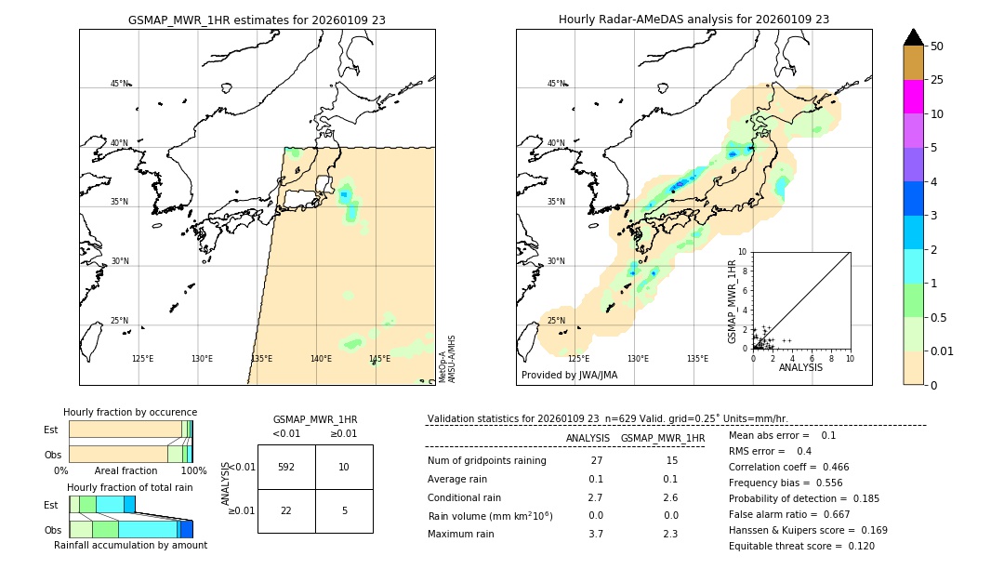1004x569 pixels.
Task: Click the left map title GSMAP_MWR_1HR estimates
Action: (x=257, y=20)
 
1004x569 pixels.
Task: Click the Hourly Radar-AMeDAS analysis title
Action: (x=694, y=20)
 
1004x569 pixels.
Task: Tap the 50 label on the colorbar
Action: (x=937, y=46)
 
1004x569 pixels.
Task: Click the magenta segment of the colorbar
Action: (x=914, y=97)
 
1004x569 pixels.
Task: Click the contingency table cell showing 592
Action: (x=286, y=467)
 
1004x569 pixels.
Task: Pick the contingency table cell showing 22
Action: (x=286, y=510)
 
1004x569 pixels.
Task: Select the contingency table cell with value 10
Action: (x=344, y=467)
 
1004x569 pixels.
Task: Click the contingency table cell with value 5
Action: (x=344, y=510)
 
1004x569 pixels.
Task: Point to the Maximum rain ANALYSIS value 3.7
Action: (x=596, y=534)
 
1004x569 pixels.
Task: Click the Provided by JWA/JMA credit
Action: (x=569, y=375)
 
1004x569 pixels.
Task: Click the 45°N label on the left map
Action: (x=119, y=84)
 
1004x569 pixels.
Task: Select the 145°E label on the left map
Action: (x=379, y=359)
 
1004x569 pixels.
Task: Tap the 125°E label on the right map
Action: (x=578, y=359)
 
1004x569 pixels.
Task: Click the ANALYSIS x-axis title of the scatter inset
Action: (x=800, y=367)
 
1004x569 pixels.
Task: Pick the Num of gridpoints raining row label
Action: (x=486, y=460)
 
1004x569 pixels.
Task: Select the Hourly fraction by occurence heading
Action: (x=130, y=412)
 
